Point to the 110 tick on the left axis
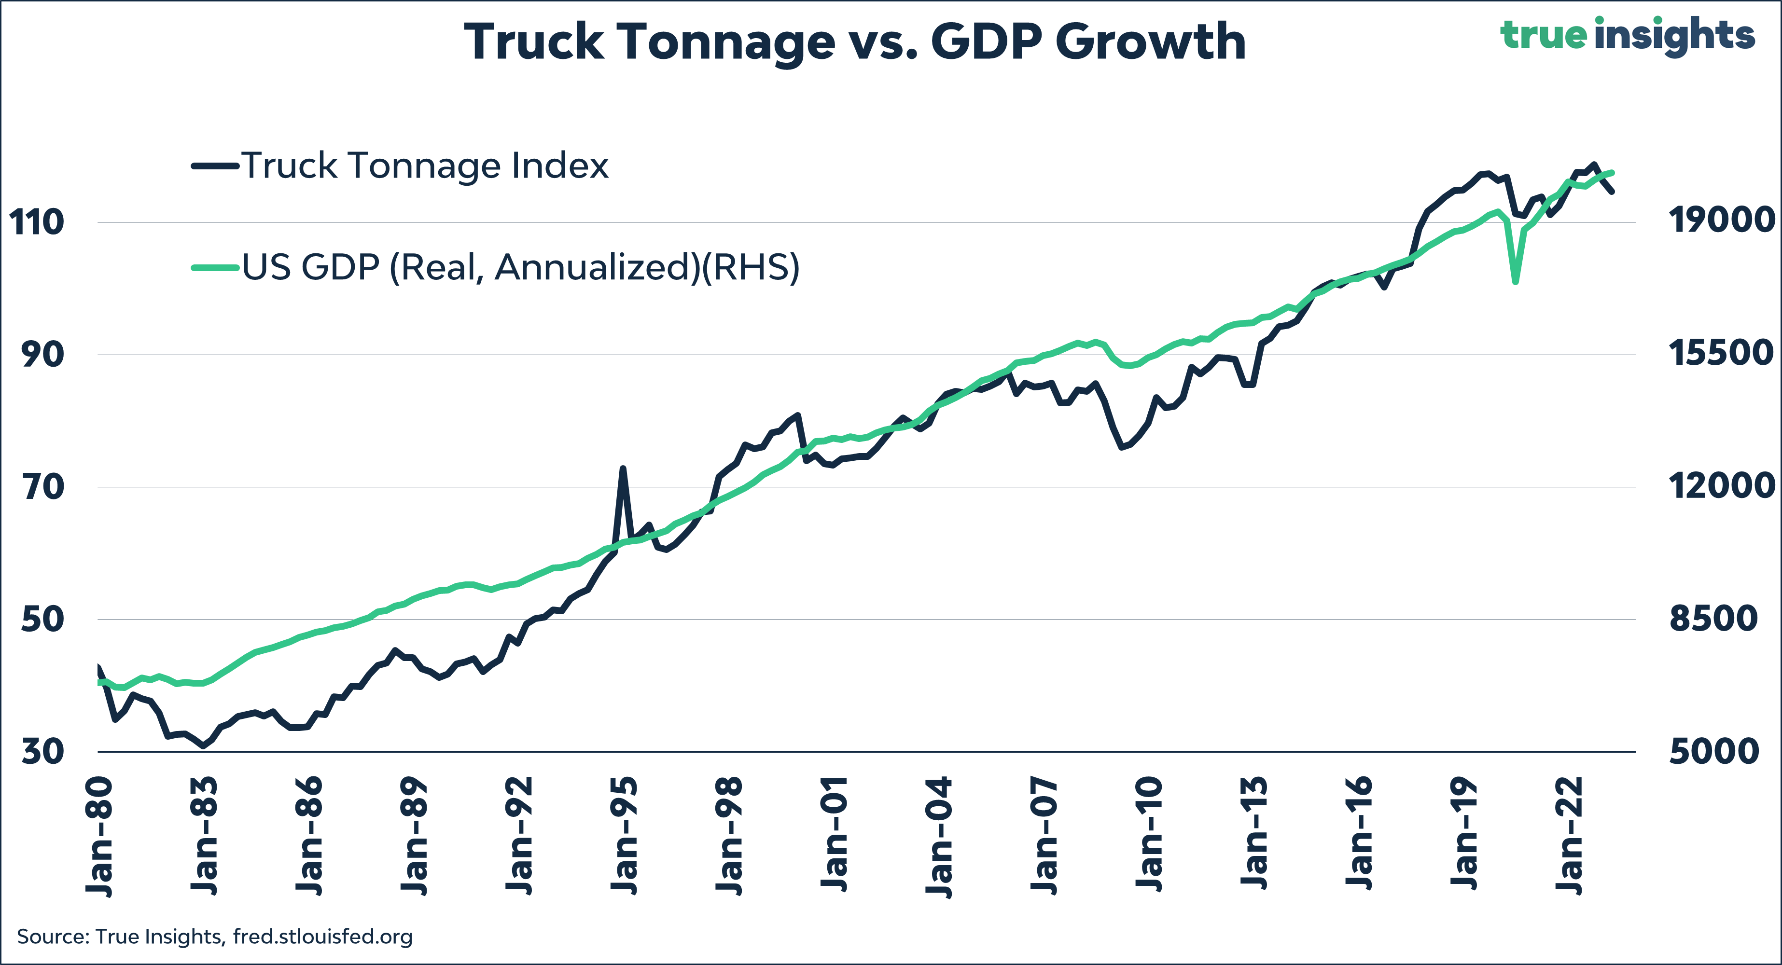[x=36, y=223]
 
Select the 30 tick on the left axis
[x=43, y=752]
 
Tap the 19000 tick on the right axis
[x=1722, y=221]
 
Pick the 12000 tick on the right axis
[x=1722, y=485]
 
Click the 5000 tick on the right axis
[x=1713, y=751]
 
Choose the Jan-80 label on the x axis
[x=99, y=837]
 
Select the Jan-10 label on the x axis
[x=1148, y=837]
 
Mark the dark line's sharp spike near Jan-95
[x=623, y=469]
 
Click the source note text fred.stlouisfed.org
[x=322, y=937]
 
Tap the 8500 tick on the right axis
[x=1713, y=619]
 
